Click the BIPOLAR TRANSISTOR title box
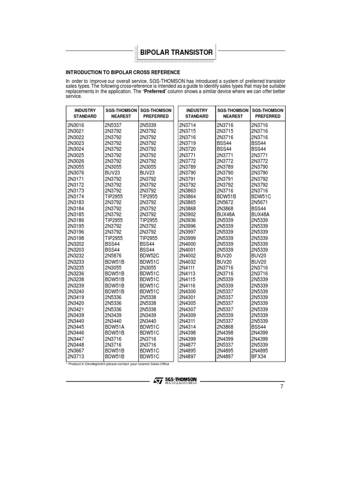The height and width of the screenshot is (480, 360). (x=177, y=52)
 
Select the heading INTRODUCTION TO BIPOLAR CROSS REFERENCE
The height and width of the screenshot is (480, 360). (x=123, y=72)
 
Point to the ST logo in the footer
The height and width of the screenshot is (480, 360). (x=157, y=381)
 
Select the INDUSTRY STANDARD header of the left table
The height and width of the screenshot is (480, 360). (x=84, y=112)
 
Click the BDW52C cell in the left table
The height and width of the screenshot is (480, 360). (x=150, y=256)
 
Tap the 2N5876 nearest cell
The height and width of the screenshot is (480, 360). (x=113, y=256)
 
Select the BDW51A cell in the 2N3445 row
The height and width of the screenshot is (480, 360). (x=115, y=327)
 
